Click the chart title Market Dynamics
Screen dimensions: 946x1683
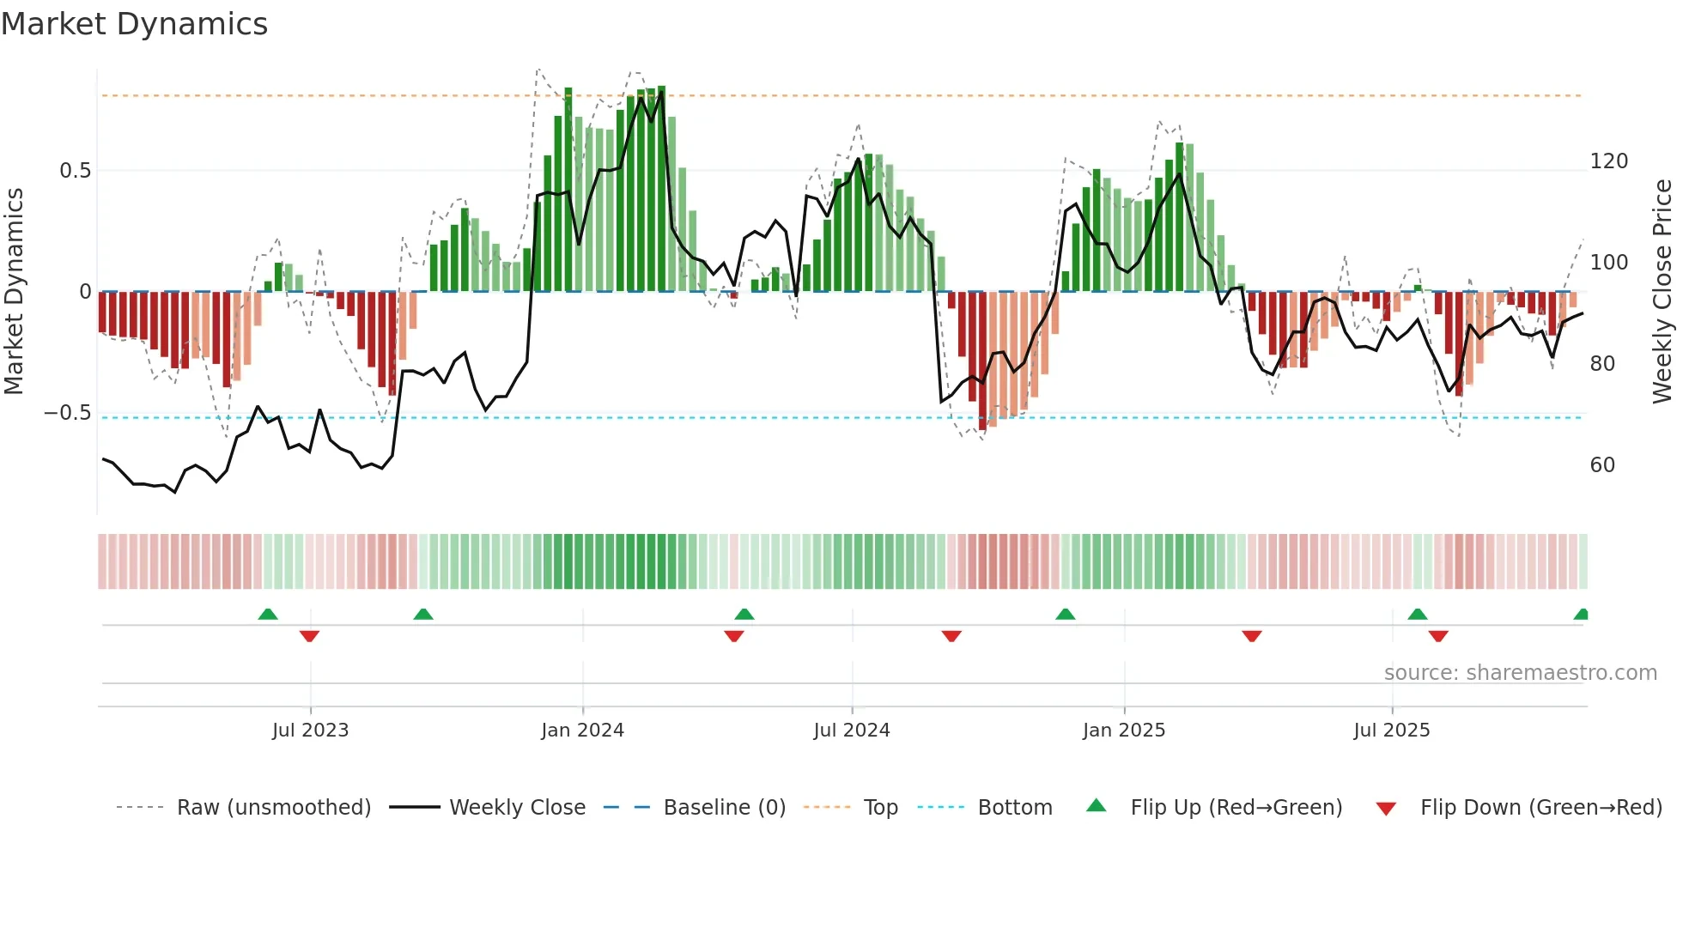(134, 24)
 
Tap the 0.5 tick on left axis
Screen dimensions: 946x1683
(75, 171)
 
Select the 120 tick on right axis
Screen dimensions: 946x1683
(1608, 161)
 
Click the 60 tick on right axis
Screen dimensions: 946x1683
(1602, 465)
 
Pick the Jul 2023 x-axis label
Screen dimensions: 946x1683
(310, 731)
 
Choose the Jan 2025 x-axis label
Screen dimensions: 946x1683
(1123, 731)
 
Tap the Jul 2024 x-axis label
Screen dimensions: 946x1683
(851, 731)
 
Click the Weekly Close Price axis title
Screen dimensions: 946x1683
(1662, 292)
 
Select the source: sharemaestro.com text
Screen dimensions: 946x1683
(1520, 673)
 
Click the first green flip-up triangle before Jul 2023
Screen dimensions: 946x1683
(268, 614)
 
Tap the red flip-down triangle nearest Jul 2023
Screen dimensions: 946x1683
(309, 636)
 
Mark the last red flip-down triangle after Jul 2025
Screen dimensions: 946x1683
(1438, 636)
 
